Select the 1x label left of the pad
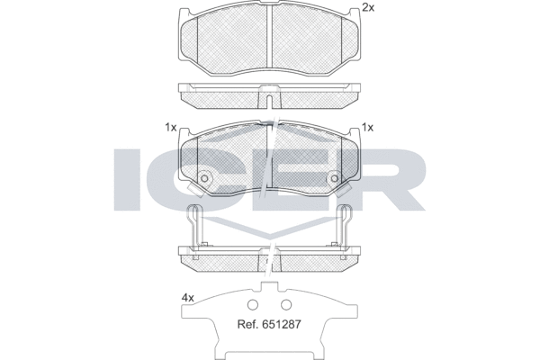coord(170,127)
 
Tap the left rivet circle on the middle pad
coord(204,177)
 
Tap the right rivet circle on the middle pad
coord(335,177)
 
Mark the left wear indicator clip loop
coord(192,214)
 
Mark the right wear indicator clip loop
coord(347,214)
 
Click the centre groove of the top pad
coord(270,40)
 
